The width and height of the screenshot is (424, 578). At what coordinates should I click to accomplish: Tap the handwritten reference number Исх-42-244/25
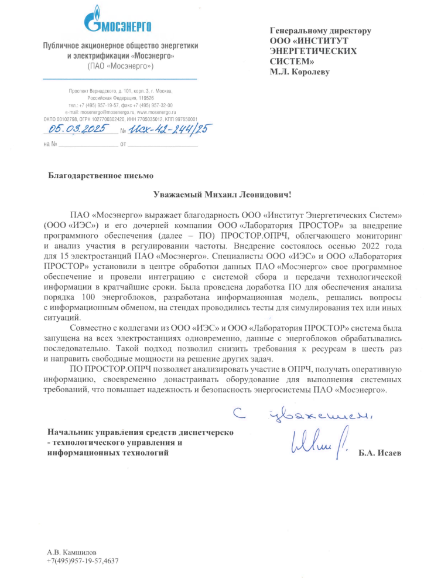pyautogui.click(x=170, y=130)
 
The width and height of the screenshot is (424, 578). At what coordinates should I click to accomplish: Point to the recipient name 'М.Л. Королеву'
pyautogui.click(x=300, y=72)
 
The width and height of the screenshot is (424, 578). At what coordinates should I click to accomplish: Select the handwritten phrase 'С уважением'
pyautogui.click(x=304, y=415)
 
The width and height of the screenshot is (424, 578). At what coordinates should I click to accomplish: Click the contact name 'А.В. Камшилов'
pyautogui.click(x=71, y=552)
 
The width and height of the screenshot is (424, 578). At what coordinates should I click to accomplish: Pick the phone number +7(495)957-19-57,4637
pyautogui.click(x=83, y=561)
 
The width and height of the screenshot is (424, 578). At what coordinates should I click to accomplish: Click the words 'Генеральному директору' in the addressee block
pyautogui.click(x=320, y=31)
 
